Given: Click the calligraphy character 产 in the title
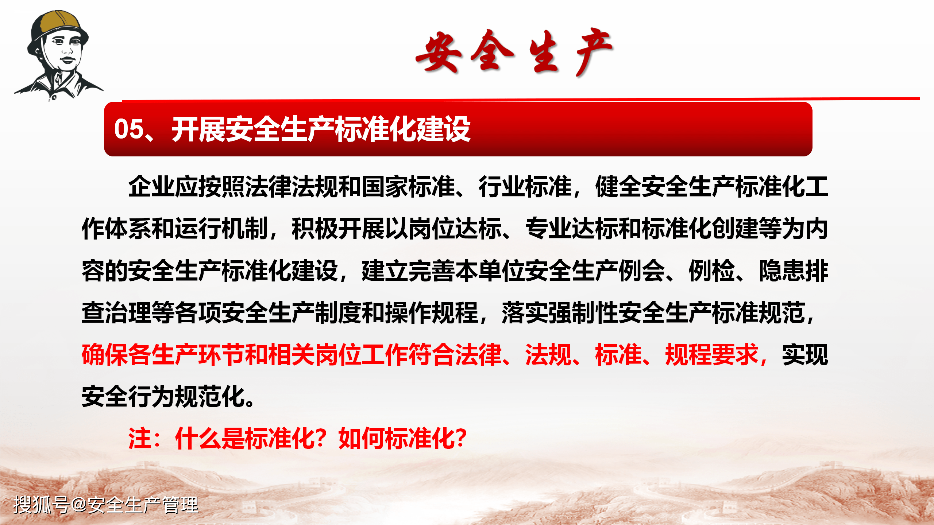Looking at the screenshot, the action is [x=593, y=51].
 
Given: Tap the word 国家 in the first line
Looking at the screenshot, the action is [x=385, y=187].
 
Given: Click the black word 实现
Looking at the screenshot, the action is [x=805, y=355].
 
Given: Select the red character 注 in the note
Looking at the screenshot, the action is [x=140, y=438].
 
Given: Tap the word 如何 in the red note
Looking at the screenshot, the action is [x=362, y=438].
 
